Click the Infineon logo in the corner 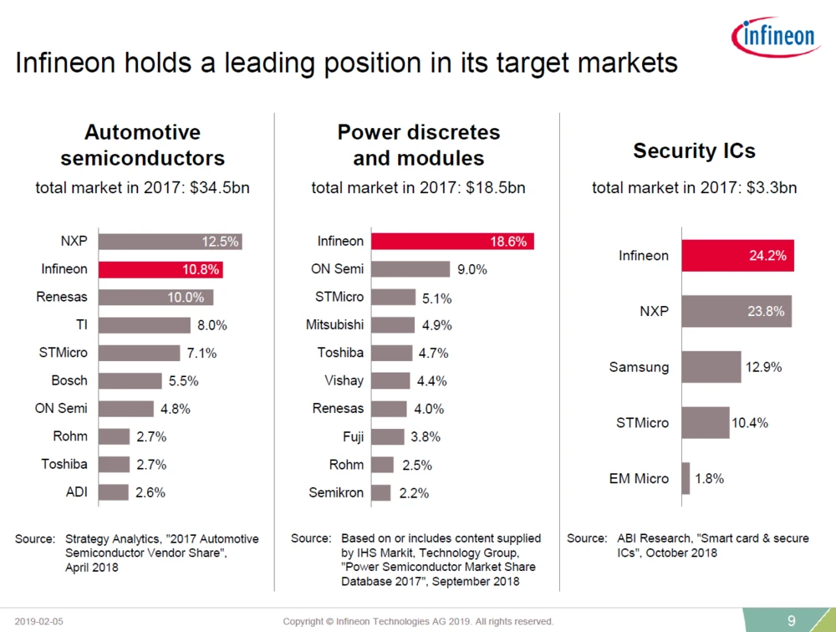tap(775, 35)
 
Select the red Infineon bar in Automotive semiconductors tap(161, 269)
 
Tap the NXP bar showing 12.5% tap(170, 242)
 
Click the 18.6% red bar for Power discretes tap(452, 242)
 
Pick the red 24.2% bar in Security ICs tap(737, 256)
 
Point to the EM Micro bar tap(686, 478)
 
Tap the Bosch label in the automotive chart tap(69, 380)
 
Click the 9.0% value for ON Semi tap(472, 269)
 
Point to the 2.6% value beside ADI tap(150, 492)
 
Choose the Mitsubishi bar tap(393, 325)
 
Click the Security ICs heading tap(694, 150)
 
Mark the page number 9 tap(791, 619)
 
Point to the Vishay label tap(344, 380)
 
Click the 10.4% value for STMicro tap(749, 423)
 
